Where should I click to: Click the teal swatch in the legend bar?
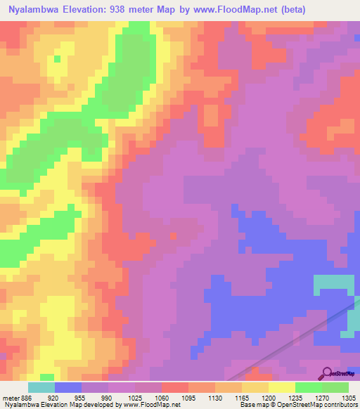[x=41, y=387]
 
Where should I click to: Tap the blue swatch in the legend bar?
[x=67, y=387]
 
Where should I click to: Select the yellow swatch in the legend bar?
[x=281, y=387]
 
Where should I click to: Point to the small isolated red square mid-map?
[x=173, y=236]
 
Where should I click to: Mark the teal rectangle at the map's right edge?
[x=334, y=283]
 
